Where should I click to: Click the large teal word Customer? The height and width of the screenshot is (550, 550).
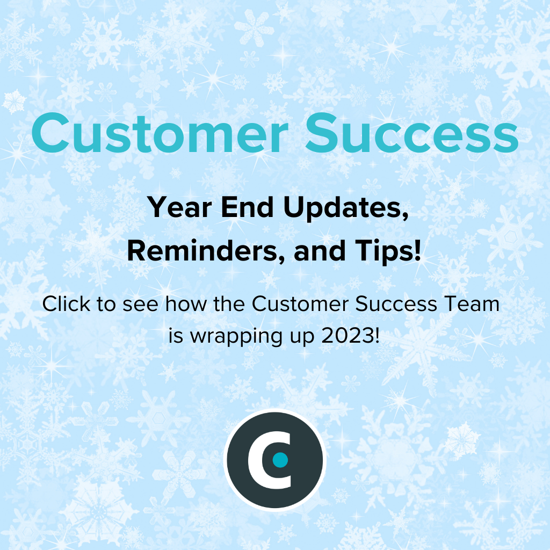click(160, 133)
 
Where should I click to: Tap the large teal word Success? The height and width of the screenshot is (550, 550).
click(412, 133)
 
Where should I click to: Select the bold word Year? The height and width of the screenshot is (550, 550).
click(179, 207)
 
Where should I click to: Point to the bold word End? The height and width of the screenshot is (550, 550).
click(247, 207)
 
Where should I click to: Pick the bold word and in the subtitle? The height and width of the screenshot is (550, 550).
click(320, 251)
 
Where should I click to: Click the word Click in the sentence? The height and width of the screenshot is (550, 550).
click(66, 303)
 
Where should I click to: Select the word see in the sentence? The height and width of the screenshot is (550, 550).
click(140, 305)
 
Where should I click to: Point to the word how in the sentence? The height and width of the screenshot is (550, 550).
click(186, 303)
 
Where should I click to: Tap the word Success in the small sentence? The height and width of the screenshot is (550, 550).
click(396, 303)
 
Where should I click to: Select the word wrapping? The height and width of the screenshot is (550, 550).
click(236, 337)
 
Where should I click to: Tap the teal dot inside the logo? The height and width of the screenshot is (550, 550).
click(280, 460)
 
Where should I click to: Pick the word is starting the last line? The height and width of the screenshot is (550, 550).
click(176, 336)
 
